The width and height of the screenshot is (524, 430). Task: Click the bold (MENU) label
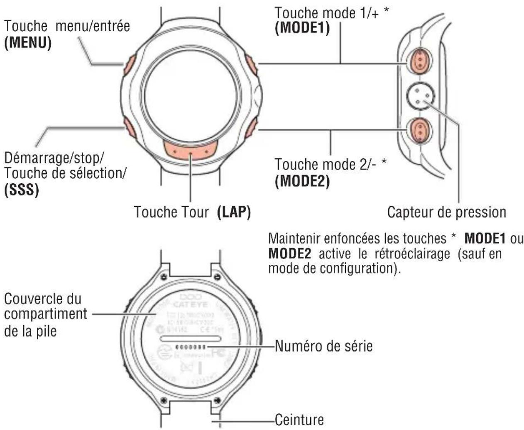pos(28,43)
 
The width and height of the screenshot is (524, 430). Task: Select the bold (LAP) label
pos(234,212)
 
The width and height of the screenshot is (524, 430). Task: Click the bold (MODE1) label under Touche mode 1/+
pos(302,28)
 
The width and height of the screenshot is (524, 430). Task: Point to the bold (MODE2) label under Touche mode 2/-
pos(302,181)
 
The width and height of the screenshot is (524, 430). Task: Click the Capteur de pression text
pos(446,212)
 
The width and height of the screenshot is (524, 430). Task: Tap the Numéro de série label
pos(324,346)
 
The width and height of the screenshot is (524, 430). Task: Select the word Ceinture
pos(299,420)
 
